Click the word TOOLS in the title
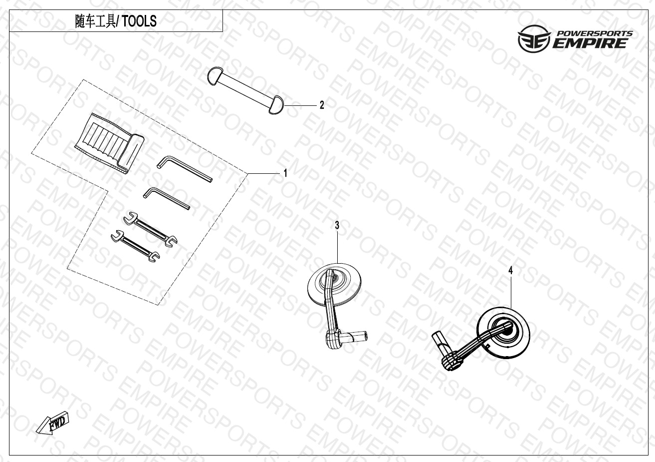pos(139,21)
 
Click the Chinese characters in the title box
pos(95,21)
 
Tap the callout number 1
pos(285,173)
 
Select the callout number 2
pos(322,105)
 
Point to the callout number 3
pos(337,225)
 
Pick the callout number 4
pos(510,271)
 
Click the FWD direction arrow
pos(53,423)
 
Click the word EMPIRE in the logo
pos(590,43)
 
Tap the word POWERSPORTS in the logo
pos(594,33)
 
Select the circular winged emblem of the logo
pos(534,39)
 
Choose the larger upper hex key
pos(184,169)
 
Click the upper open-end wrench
pos(150,229)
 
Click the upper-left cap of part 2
pos(215,76)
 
